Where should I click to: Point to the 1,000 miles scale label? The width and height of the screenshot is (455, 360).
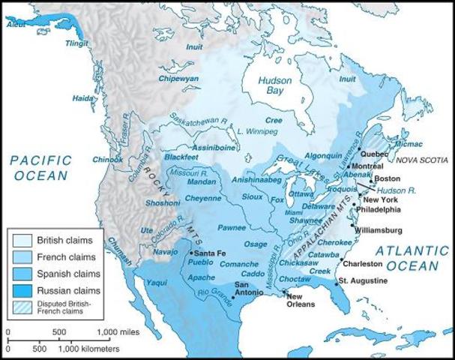pyautogui.click(x=120, y=331)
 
